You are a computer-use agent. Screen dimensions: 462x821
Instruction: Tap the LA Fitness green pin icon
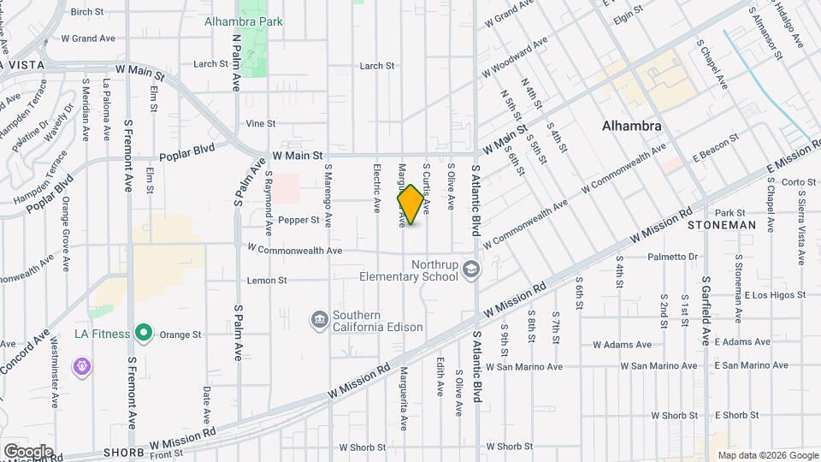coord(145,334)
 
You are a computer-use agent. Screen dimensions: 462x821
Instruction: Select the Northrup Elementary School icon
coord(470,270)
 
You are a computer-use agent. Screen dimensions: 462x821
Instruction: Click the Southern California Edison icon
coord(320,320)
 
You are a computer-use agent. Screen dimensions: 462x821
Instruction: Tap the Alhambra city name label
coord(631,126)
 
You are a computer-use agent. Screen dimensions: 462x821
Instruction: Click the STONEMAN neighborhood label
coord(723,225)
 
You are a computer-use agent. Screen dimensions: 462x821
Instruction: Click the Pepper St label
coord(298,220)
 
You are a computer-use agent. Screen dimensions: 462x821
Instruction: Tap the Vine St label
coord(261,123)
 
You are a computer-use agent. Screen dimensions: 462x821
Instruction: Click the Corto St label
coord(800,181)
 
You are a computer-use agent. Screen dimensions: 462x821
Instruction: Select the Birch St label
coord(86,12)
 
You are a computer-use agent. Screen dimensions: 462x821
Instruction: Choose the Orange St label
coord(183,335)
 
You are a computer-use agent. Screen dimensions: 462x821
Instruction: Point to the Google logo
coord(28,451)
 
